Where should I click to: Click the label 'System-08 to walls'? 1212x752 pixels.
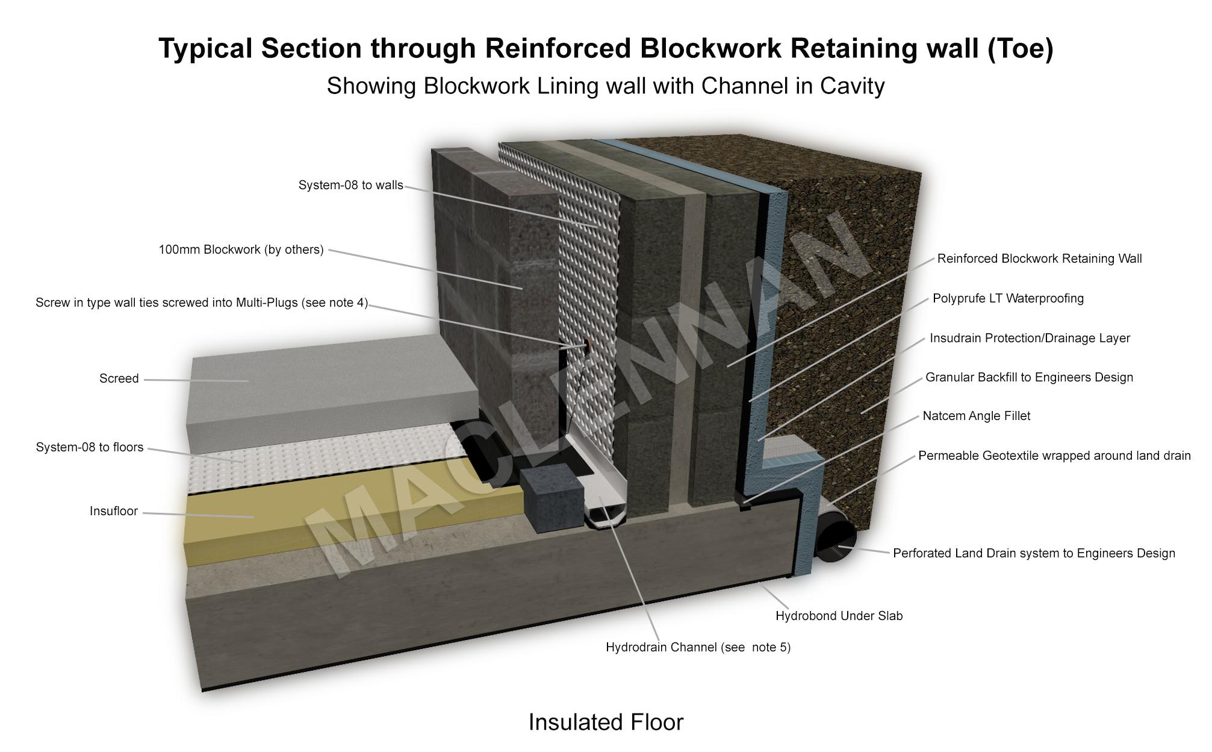click(x=350, y=185)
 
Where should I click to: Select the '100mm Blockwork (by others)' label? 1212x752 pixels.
click(x=241, y=249)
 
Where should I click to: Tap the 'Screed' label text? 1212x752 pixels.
click(x=119, y=378)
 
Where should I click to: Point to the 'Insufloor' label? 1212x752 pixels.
click(x=114, y=511)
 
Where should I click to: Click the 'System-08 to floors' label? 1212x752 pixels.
click(x=90, y=447)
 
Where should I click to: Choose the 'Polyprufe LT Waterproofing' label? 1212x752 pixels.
click(x=1008, y=298)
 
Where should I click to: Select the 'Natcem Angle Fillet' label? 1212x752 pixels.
click(x=976, y=416)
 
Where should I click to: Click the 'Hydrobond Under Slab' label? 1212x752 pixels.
click(x=839, y=616)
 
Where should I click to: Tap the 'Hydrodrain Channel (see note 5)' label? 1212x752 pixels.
click(x=698, y=647)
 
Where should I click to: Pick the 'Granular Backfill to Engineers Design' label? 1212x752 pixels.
click(x=1029, y=377)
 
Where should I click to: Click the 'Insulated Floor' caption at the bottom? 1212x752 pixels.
click(x=606, y=722)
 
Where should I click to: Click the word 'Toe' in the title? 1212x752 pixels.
click(x=1020, y=48)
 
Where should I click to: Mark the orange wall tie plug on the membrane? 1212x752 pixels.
click(x=585, y=345)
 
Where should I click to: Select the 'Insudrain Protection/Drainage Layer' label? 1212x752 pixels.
click(x=1030, y=338)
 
